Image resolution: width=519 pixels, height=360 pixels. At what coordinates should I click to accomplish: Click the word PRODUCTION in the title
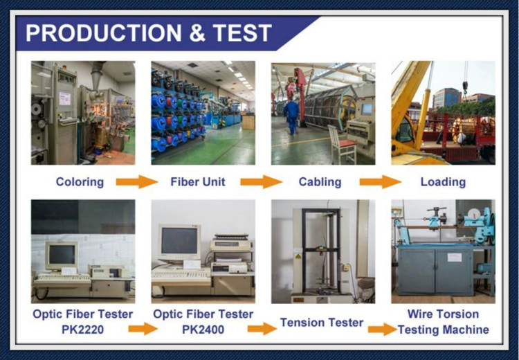click(x=104, y=33)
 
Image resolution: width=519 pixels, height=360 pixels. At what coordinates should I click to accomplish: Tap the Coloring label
click(x=80, y=182)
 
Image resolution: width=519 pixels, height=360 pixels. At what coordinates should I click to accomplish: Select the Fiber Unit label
click(x=198, y=182)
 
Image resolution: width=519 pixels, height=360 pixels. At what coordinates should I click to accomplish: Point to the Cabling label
click(x=320, y=182)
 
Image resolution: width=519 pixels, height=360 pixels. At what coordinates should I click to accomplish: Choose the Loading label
click(x=443, y=182)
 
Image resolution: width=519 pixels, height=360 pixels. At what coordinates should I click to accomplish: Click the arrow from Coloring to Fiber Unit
click(x=137, y=182)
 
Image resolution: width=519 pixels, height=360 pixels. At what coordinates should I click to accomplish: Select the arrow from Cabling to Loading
click(x=381, y=182)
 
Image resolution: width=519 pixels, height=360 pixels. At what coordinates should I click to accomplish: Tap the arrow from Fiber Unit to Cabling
click(x=262, y=182)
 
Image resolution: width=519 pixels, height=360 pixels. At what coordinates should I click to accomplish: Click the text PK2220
click(x=83, y=330)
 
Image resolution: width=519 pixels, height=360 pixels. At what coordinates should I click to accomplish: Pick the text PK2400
click(x=203, y=330)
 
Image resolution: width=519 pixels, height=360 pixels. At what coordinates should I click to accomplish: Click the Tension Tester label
click(x=322, y=322)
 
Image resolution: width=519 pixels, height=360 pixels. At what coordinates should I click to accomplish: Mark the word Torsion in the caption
click(x=459, y=314)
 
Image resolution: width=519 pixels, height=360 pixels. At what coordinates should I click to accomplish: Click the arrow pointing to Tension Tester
click(x=262, y=329)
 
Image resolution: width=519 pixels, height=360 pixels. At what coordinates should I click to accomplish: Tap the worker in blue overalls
click(x=291, y=116)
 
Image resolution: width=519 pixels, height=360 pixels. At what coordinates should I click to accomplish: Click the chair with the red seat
click(x=342, y=145)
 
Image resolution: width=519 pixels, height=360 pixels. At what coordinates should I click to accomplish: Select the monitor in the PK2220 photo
click(x=62, y=255)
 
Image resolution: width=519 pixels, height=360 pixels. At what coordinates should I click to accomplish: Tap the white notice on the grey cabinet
click(x=454, y=258)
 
